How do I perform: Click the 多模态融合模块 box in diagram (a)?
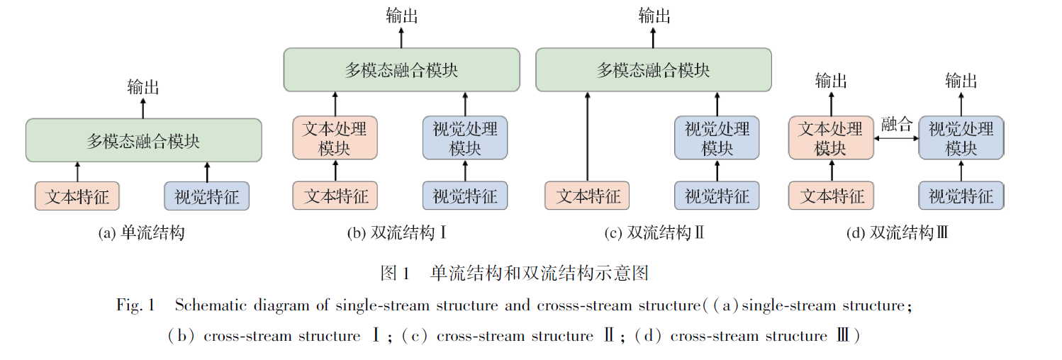[143, 140]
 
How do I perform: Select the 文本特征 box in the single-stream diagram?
[77, 196]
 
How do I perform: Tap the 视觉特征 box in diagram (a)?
[207, 196]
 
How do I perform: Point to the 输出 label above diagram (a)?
[143, 87]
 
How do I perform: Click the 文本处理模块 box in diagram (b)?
[335, 138]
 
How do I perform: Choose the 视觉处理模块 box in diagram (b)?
[465, 138]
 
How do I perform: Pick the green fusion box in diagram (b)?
[401, 69]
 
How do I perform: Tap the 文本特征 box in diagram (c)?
[587, 196]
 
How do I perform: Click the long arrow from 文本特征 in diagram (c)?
[587, 135]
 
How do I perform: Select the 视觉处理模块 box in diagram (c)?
[717, 138]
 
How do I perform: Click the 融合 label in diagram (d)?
[896, 125]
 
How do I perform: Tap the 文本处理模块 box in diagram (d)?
[831, 138]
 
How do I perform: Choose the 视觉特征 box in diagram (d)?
[961, 196]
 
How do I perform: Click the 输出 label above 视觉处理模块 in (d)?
[961, 81]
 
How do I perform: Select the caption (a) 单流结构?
[141, 232]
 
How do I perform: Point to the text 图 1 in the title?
[396, 273]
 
